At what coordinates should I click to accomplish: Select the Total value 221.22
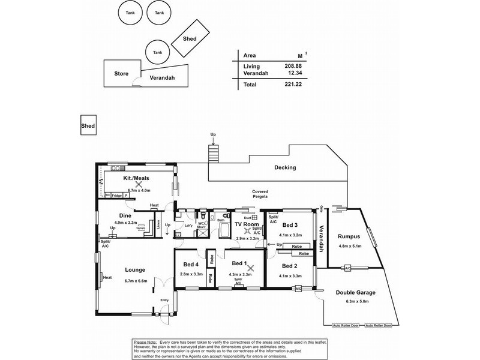click(293, 85)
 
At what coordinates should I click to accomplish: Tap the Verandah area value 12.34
click(294, 73)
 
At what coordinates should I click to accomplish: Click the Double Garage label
click(356, 293)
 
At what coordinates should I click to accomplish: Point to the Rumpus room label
click(349, 236)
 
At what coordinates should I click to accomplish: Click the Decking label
click(285, 168)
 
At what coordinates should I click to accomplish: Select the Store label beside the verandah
click(121, 74)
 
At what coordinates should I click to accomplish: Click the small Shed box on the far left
click(88, 126)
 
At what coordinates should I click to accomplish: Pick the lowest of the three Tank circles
click(157, 52)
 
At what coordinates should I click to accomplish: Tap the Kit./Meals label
click(136, 178)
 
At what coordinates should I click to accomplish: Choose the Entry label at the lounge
click(164, 300)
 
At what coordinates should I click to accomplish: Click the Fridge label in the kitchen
click(117, 195)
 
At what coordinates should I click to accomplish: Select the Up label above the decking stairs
click(212, 135)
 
